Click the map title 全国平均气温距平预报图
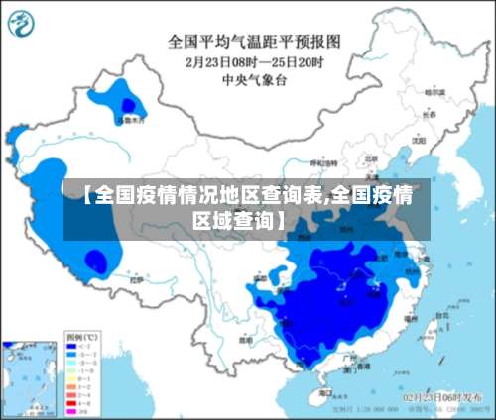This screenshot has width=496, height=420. pos(254,41)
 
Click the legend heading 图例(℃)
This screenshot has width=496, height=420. pos(81,337)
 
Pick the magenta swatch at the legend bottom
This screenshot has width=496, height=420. pos(71,406)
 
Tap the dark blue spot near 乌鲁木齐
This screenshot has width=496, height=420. pos(127,103)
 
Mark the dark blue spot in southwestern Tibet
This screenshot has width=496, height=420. pos(95,262)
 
